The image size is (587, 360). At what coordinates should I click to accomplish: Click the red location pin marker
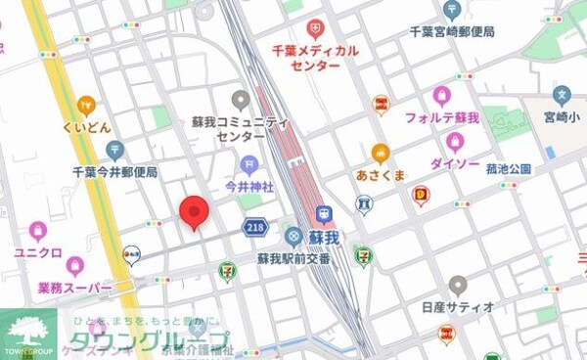[193, 211]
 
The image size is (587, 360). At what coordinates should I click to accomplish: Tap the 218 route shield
[255, 226]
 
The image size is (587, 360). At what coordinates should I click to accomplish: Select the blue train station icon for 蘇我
[325, 215]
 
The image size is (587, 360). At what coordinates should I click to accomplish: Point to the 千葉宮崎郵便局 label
[451, 31]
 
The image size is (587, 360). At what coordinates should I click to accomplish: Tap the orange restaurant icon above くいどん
[86, 106]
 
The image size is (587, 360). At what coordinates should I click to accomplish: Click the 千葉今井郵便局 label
[114, 171]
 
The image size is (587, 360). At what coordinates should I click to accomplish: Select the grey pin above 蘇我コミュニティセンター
[241, 100]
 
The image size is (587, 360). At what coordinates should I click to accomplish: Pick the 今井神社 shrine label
[249, 185]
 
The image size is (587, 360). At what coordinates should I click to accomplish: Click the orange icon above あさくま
[380, 153]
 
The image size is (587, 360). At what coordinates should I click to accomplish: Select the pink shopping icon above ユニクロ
[38, 232]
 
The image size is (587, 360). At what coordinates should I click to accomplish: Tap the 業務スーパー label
[73, 288]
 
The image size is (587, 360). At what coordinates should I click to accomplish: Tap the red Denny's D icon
[421, 196]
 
